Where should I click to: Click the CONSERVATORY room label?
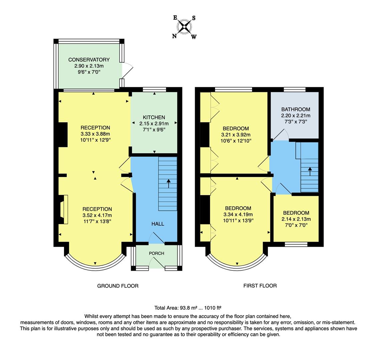tap(89, 60)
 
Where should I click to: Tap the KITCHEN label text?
tap(154, 117)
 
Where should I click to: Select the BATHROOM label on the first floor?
tap(296, 109)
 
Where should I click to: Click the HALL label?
tap(158, 224)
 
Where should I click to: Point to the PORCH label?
tap(156, 253)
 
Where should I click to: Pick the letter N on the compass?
tap(174, 36)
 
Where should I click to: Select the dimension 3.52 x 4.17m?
tap(97, 215)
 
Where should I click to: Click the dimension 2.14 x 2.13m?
tap(296, 219)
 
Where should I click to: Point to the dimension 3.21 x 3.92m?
tap(236, 135)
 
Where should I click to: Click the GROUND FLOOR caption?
tap(118, 286)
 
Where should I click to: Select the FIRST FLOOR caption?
tap(260, 286)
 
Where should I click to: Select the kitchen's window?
tap(154, 89)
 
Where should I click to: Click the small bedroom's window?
tap(296, 244)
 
